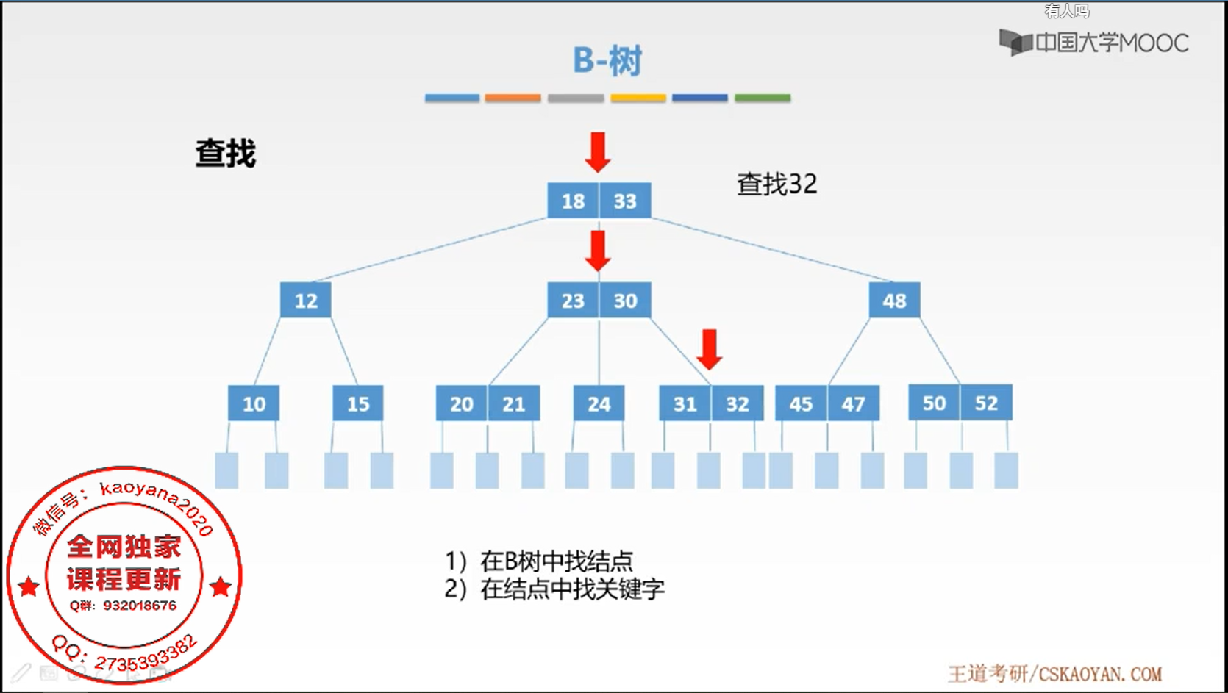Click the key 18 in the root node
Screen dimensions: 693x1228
(x=573, y=201)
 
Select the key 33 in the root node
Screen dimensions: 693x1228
(x=625, y=201)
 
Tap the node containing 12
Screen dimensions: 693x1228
(x=306, y=301)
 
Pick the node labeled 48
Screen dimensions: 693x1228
(x=894, y=301)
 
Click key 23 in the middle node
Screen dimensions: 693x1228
(x=573, y=301)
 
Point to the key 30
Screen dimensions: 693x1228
(x=625, y=301)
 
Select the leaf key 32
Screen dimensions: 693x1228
(x=738, y=403)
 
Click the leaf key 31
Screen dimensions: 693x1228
(x=685, y=403)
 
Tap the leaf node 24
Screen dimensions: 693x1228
(x=599, y=403)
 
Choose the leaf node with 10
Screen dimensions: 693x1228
(x=254, y=403)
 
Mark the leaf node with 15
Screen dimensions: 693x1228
(x=358, y=403)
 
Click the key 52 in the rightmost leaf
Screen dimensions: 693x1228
(x=986, y=403)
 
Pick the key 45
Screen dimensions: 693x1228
(x=801, y=403)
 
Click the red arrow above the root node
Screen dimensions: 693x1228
(x=598, y=151)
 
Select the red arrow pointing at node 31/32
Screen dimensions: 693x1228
(x=709, y=349)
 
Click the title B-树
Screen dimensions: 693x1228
(x=607, y=60)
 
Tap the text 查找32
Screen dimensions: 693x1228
(x=777, y=184)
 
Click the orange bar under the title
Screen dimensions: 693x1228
(x=513, y=98)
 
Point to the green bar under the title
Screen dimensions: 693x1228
(x=763, y=98)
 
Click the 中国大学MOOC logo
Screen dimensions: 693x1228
(x=1093, y=43)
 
